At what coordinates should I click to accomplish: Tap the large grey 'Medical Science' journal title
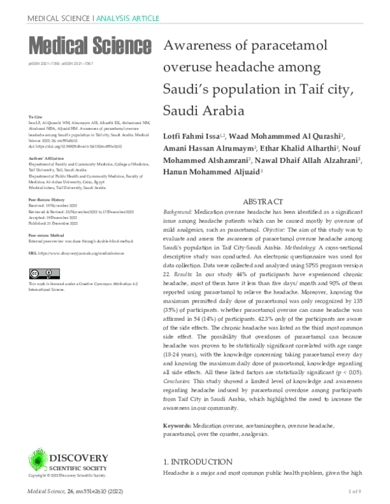click(x=90, y=46)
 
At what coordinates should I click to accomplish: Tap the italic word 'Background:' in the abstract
click(x=182, y=213)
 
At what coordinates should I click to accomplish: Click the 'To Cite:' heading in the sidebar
click(x=35, y=116)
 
